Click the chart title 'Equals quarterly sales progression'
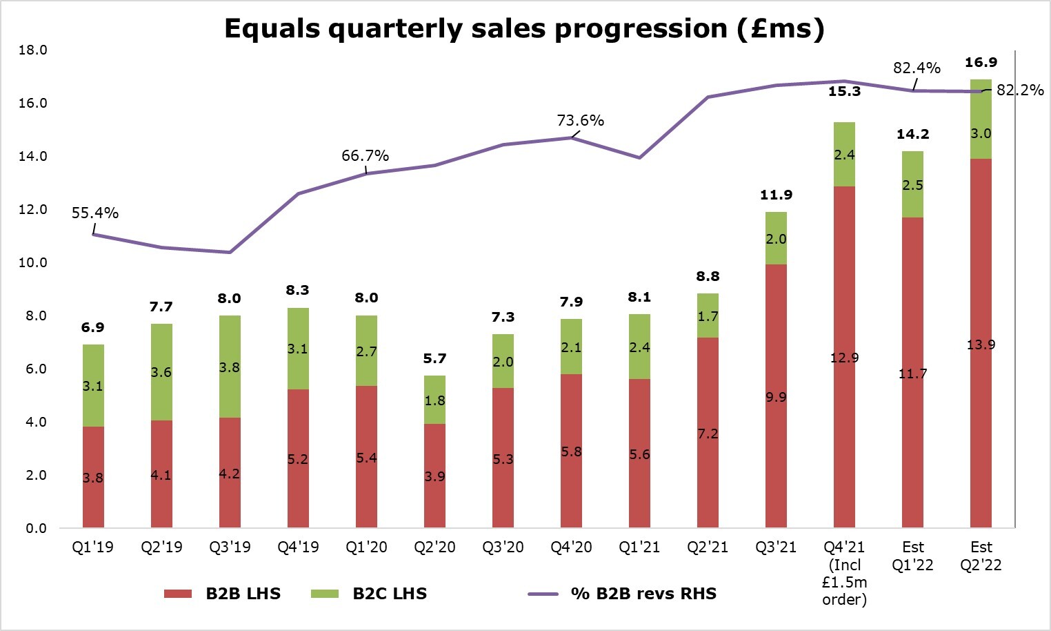524,29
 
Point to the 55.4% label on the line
95,213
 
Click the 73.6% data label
580,121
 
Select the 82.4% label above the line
917,68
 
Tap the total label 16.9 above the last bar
981,63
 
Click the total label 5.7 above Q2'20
434,358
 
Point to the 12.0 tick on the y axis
33,210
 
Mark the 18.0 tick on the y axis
33,50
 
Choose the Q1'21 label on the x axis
639,547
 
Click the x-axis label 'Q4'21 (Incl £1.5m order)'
844,573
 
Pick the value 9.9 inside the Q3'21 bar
776,398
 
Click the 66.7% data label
365,156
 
